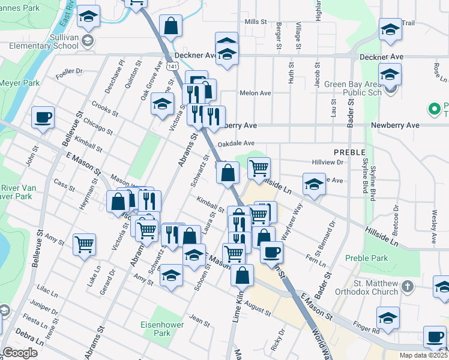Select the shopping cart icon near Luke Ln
(84, 244)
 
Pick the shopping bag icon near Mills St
(170, 25)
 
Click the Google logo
(20, 352)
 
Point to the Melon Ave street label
(255, 93)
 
